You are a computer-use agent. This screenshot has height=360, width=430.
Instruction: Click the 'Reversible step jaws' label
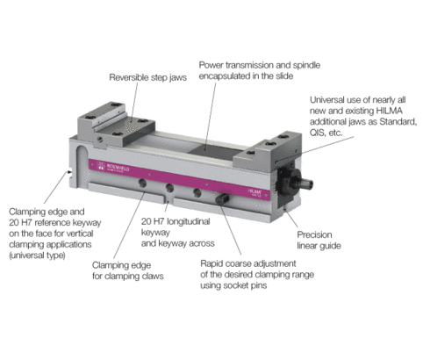coord(147,77)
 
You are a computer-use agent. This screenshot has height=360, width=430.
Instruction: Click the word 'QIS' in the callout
coord(318,133)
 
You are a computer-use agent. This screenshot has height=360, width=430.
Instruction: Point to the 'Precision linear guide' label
coord(319,240)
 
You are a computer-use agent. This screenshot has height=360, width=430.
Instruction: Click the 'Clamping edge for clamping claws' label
coord(128,270)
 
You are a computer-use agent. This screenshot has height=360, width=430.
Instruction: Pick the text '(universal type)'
coord(37,256)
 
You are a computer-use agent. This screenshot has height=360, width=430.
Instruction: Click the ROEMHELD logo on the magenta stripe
coord(113,167)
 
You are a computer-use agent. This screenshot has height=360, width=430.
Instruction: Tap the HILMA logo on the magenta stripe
coord(254,192)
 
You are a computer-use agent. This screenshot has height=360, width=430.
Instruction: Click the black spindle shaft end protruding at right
coord(306,184)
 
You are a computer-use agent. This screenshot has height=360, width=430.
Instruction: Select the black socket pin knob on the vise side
coord(222,198)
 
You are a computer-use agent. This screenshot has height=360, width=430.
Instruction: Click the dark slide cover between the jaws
coord(216,153)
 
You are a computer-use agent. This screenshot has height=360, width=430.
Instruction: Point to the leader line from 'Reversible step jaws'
coord(134,102)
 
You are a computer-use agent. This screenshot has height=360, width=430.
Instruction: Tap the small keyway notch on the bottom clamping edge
coord(168,202)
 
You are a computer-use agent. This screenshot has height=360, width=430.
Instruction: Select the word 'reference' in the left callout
coord(52,223)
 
